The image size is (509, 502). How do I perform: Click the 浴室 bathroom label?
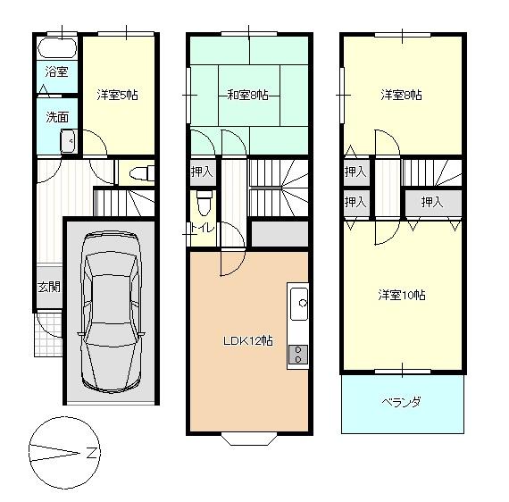tap(56, 71)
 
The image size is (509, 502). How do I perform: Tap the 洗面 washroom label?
tap(56, 116)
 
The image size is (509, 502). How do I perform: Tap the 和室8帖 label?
tap(247, 94)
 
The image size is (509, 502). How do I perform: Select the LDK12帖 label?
tap(247, 341)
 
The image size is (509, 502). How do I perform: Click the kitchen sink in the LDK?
tap(297, 305)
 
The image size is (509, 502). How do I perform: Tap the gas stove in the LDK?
tap(297, 353)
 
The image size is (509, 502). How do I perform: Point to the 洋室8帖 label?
tap(401, 94)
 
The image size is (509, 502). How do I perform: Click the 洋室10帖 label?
tap(401, 295)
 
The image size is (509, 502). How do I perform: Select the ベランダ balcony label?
tap(402, 403)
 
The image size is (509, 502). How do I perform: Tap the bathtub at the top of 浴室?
tap(56, 47)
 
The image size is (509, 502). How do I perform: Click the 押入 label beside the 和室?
tap(203, 171)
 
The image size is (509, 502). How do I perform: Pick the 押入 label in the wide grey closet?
tap(432, 202)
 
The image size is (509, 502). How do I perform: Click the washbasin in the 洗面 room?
tap(66, 141)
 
